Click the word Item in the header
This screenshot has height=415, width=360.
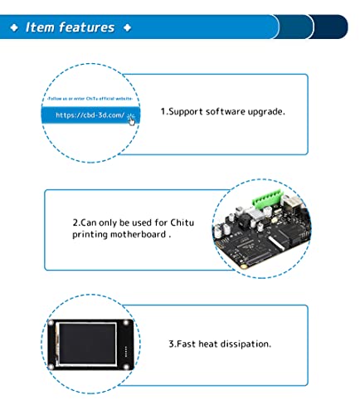point(41,27)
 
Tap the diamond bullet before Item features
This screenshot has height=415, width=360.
point(14,27)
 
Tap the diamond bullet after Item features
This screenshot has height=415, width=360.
point(127,27)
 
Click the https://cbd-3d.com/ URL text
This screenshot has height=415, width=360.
point(89,116)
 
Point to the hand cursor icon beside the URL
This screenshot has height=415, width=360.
point(131,119)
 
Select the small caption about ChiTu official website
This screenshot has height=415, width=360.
point(90,99)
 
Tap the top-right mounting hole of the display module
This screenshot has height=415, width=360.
point(126,323)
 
